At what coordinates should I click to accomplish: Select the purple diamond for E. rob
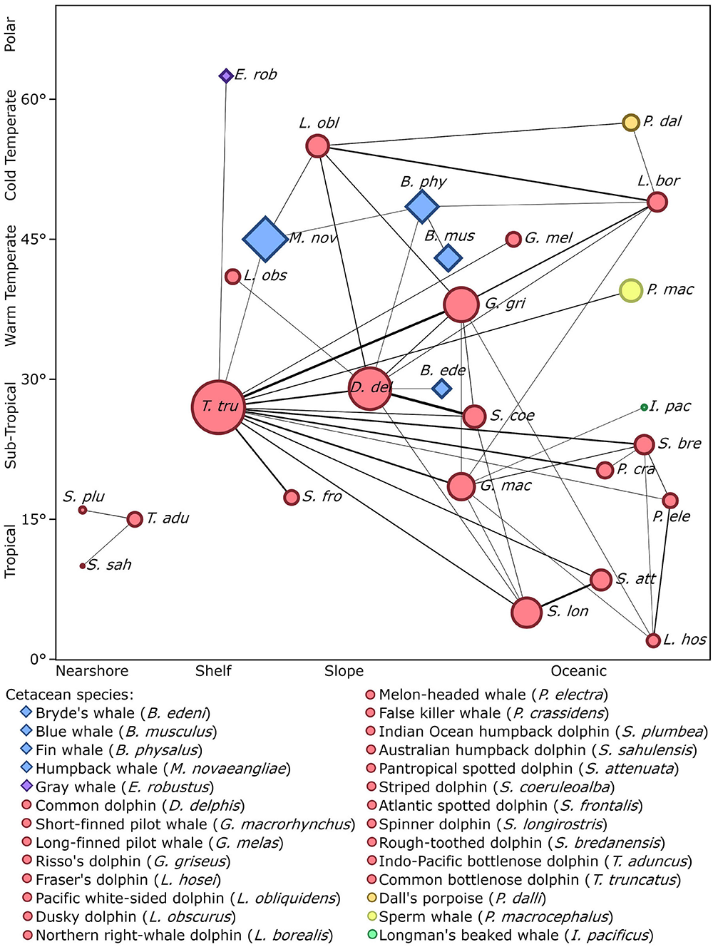coord(226,76)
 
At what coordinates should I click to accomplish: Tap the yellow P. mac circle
coord(631,290)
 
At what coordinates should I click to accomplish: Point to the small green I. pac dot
coord(644,407)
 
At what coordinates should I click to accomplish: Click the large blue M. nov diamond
coord(265,239)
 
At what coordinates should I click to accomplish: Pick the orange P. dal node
coord(631,123)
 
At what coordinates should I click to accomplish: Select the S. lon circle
coord(526,613)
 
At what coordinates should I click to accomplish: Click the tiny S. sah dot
coord(83,566)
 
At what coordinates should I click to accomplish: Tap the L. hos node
coord(653,640)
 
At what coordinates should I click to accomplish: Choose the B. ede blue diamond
coord(442,388)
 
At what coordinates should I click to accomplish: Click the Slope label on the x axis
coord(344,671)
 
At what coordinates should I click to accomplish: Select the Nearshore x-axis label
coord(92,671)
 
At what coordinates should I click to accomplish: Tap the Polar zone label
coord(10,34)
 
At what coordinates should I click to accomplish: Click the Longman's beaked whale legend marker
coord(371,935)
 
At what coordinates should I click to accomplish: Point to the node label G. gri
coord(506,303)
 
